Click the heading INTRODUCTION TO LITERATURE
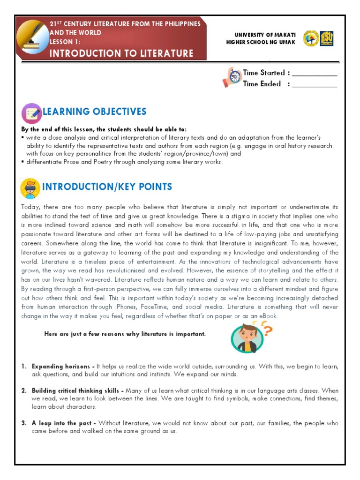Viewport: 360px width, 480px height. pos(121,53)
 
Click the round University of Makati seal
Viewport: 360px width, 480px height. pos(311,38)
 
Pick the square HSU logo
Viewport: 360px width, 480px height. pos(327,38)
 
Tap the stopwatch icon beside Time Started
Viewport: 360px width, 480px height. pos(232,77)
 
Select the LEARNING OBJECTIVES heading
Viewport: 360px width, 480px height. pos(95,112)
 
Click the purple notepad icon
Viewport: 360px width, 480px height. pos(31,113)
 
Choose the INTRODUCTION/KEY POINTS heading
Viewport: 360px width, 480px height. pos(107,187)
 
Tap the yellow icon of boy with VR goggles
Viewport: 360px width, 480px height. pos(30,188)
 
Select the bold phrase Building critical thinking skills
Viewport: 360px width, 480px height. pos(77,390)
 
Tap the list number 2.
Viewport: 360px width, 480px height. pos(23,390)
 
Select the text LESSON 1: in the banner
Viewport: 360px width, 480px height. pos(65,42)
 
